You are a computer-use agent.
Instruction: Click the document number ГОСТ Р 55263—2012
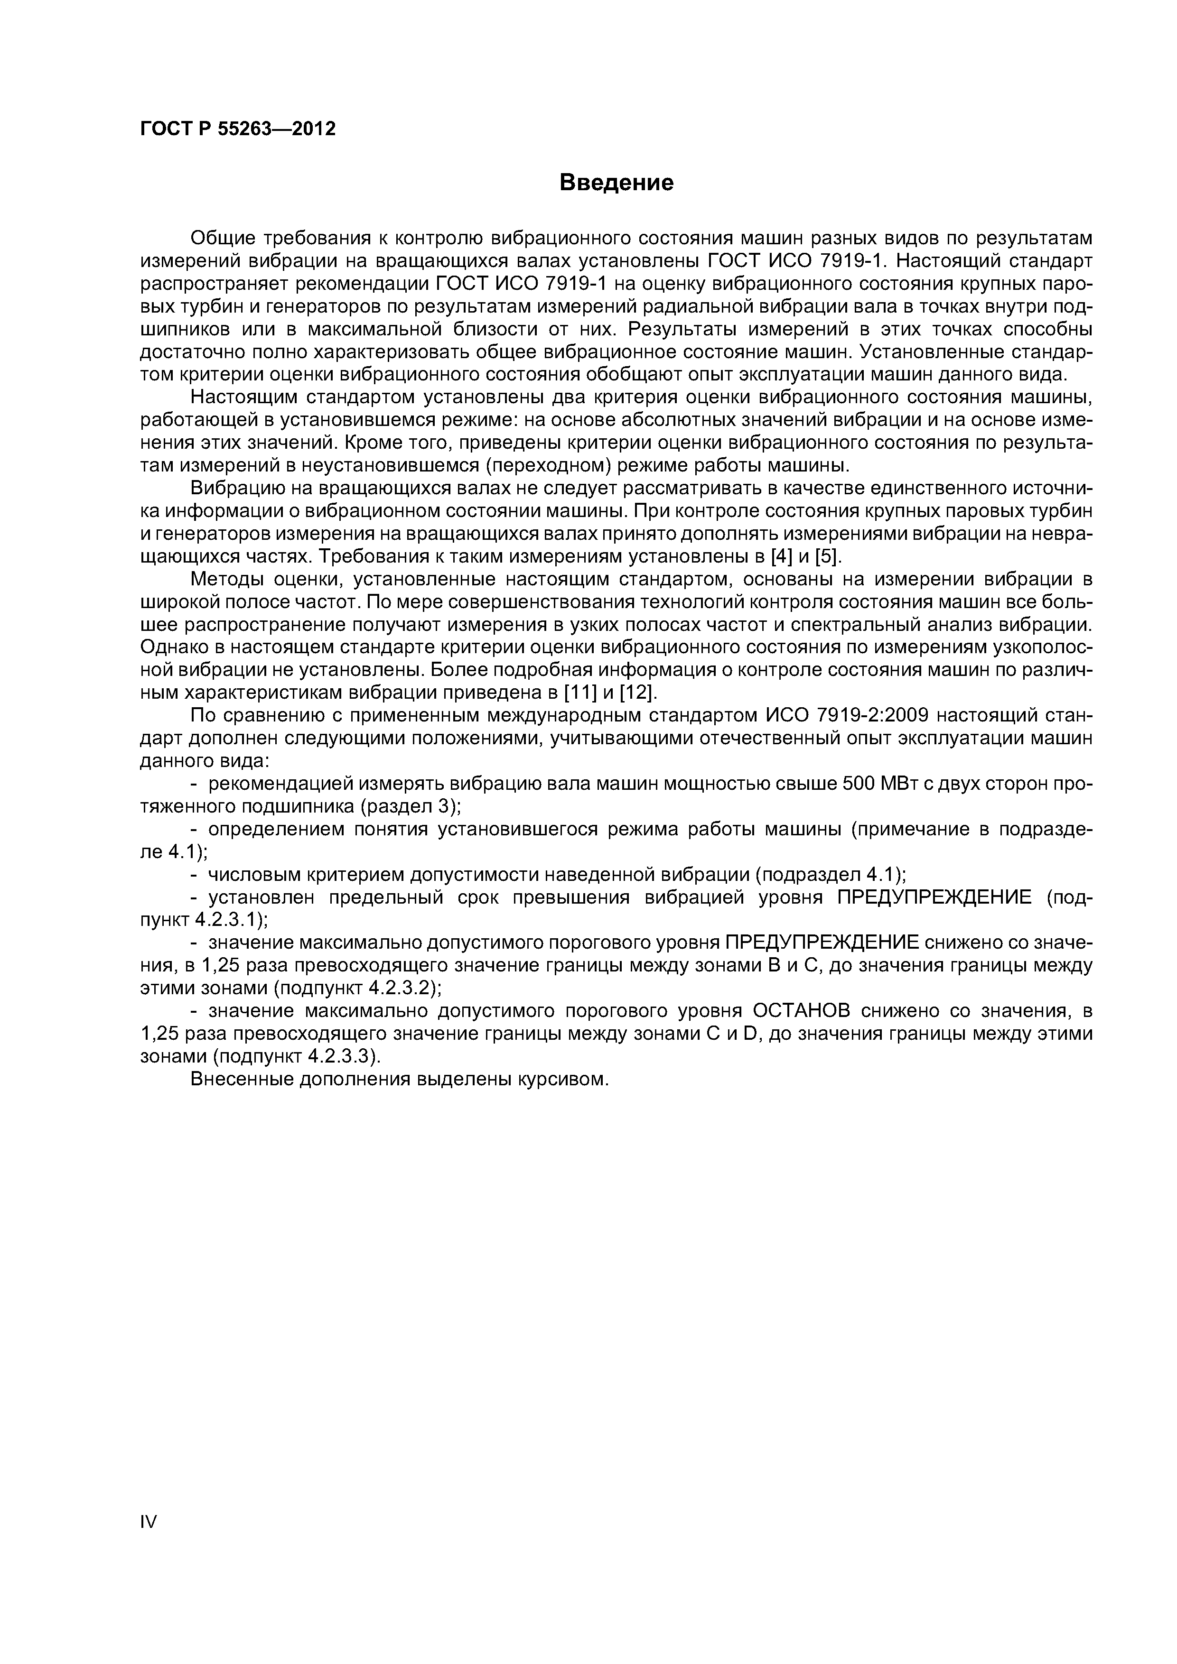[x=238, y=129]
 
